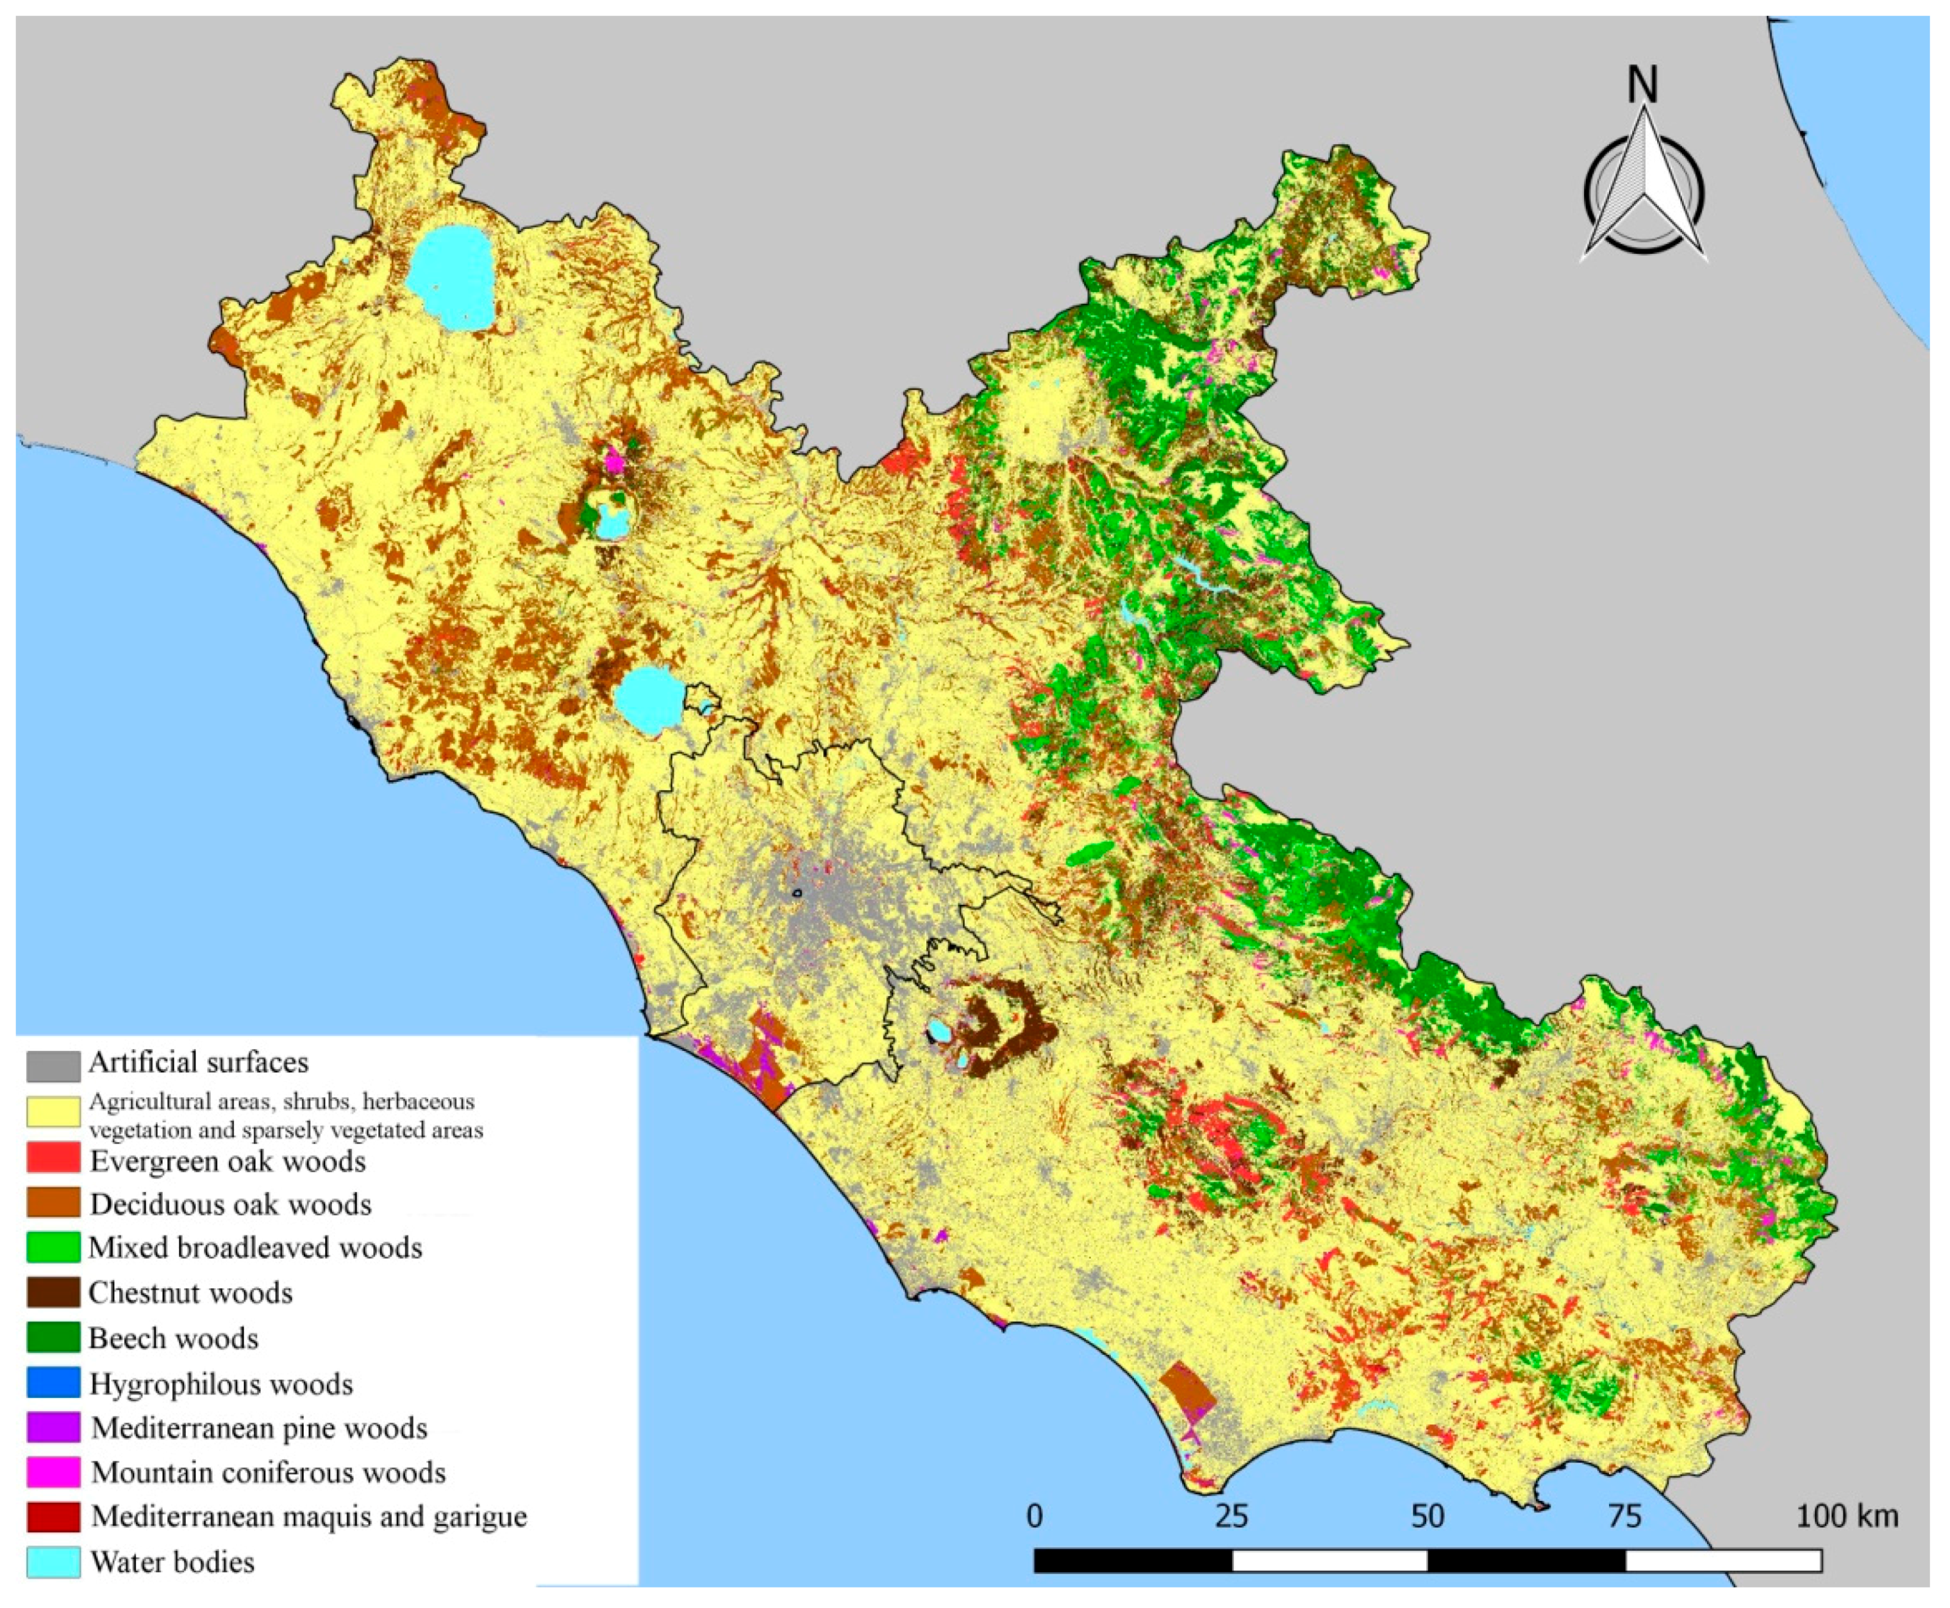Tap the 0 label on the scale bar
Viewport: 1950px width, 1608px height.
tap(1035, 1516)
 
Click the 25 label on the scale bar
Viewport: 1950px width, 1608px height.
tap(1231, 1516)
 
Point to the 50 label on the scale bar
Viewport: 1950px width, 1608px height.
tap(1428, 1516)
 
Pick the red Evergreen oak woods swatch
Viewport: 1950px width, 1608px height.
tap(53, 1161)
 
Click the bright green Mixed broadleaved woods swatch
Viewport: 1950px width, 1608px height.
tap(53, 1248)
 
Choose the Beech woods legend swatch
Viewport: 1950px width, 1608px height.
tap(53, 1338)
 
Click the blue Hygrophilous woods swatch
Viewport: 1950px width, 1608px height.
tap(53, 1383)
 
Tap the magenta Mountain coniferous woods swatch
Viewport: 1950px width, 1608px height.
tap(53, 1472)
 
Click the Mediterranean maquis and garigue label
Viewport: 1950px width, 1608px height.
tap(308, 1516)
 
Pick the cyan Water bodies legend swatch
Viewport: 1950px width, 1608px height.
tap(53, 1562)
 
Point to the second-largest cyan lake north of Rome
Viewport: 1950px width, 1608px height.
tap(649, 701)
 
